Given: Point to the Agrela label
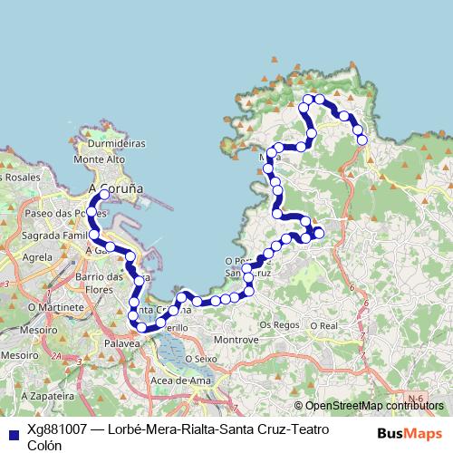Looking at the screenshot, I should [x=37, y=257].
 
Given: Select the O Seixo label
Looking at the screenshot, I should [x=202, y=358].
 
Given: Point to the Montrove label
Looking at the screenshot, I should [x=236, y=341].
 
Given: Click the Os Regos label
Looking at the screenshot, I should [x=278, y=323].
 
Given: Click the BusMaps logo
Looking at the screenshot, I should [x=409, y=433].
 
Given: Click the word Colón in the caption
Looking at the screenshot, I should [x=45, y=445].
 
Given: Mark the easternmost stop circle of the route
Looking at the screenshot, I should [x=362, y=140].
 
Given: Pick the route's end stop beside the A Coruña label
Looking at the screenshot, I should [x=104, y=195].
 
